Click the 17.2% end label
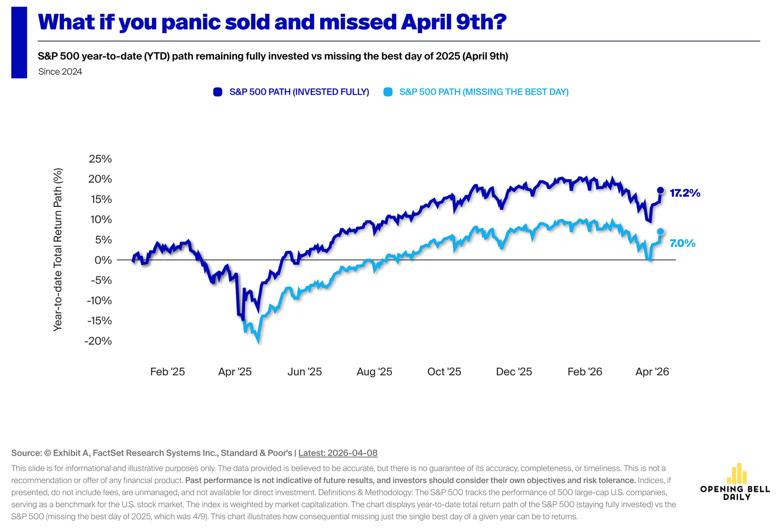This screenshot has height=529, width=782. point(685,193)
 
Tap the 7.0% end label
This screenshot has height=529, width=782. point(682,243)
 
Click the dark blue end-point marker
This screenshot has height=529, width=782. point(660,190)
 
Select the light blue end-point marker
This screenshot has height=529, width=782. point(660,232)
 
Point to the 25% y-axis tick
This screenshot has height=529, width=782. point(100,159)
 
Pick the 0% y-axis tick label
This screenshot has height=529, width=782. point(103,260)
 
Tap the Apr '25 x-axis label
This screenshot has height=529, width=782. point(235,372)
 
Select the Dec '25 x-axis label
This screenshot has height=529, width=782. point(514,372)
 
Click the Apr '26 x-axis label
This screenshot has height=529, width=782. point(652,372)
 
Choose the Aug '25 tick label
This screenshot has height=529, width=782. point(374,372)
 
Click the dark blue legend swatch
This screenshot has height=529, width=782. point(218,92)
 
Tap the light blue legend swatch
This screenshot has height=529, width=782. point(388,92)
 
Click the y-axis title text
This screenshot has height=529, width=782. point(58,249)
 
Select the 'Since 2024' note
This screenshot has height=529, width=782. point(60,72)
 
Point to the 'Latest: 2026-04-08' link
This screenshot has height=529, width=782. point(338,453)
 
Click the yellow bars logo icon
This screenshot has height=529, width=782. point(737,473)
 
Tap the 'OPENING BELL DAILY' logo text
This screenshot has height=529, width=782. point(735,493)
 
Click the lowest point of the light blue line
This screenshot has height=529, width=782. point(258,341)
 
